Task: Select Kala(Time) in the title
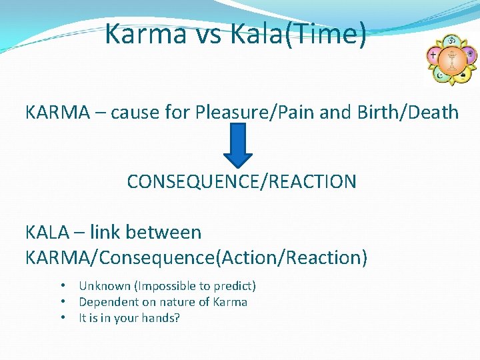tap(297, 34)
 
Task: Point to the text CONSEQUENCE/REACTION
tap(241, 181)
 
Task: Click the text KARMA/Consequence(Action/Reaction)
tap(196, 257)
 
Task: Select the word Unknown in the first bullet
tap(105, 286)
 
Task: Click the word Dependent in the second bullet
tap(109, 302)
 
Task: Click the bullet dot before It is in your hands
tap(62, 317)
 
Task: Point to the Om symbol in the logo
tap(451, 41)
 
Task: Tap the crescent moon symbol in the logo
tap(440, 75)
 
